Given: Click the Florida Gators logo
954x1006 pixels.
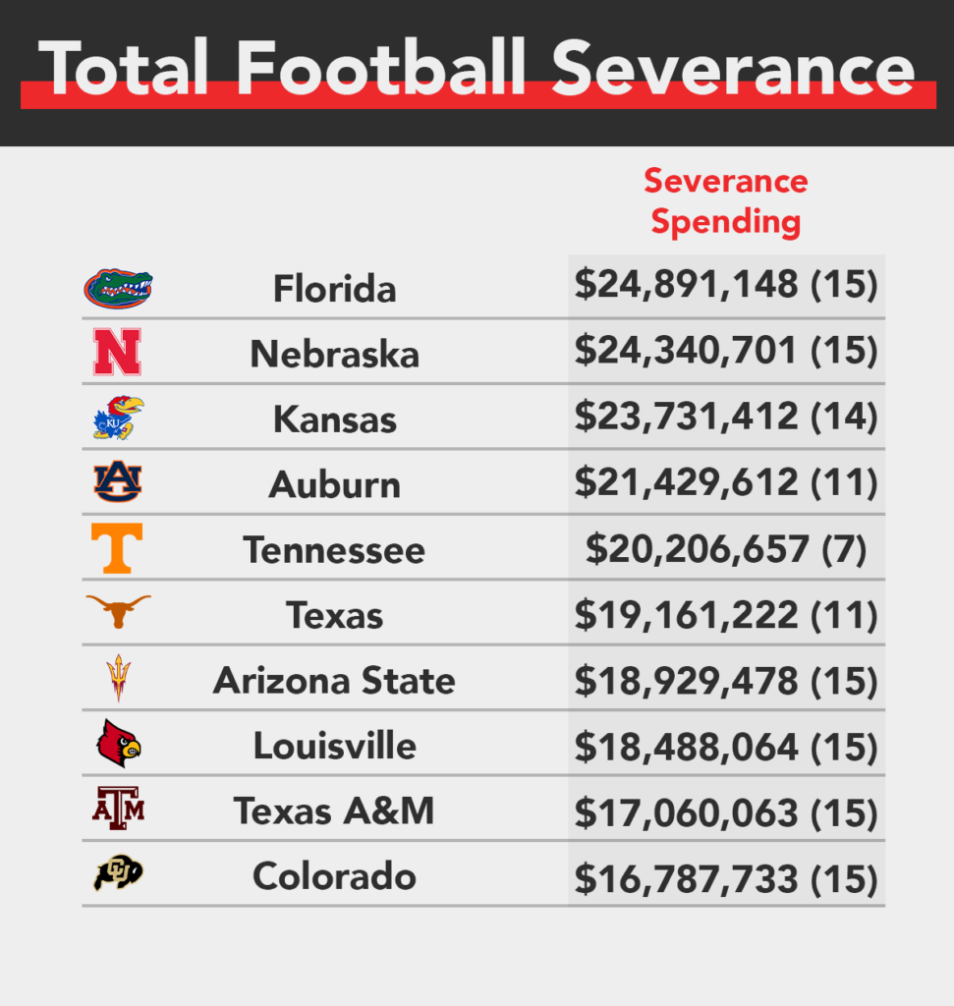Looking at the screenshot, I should [118, 288].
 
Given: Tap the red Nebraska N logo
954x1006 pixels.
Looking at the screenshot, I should [117, 353].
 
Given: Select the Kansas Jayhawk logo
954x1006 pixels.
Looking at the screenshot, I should [118, 418].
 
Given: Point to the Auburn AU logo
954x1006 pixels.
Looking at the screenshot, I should [118, 482].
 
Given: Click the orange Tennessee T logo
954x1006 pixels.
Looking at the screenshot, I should [117, 548].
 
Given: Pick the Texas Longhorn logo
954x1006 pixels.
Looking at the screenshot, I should [118, 612].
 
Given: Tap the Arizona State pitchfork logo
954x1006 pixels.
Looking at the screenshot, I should [118, 678].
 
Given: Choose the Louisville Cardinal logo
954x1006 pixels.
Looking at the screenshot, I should [118, 744].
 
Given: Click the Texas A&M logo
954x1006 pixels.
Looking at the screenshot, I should [118, 810].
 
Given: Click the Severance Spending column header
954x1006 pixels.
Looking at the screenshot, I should [726, 201].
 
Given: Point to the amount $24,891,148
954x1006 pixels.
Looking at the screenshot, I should [687, 285].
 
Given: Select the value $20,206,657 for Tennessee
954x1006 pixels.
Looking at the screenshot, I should [697, 547].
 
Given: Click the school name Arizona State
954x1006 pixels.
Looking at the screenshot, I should [334, 680].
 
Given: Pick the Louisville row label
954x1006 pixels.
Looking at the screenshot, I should [334, 746].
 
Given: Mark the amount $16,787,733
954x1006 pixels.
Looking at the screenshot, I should [687, 876].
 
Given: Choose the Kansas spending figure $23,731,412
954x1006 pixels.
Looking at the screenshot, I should [687, 417].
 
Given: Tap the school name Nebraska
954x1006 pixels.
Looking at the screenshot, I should [334, 354].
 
